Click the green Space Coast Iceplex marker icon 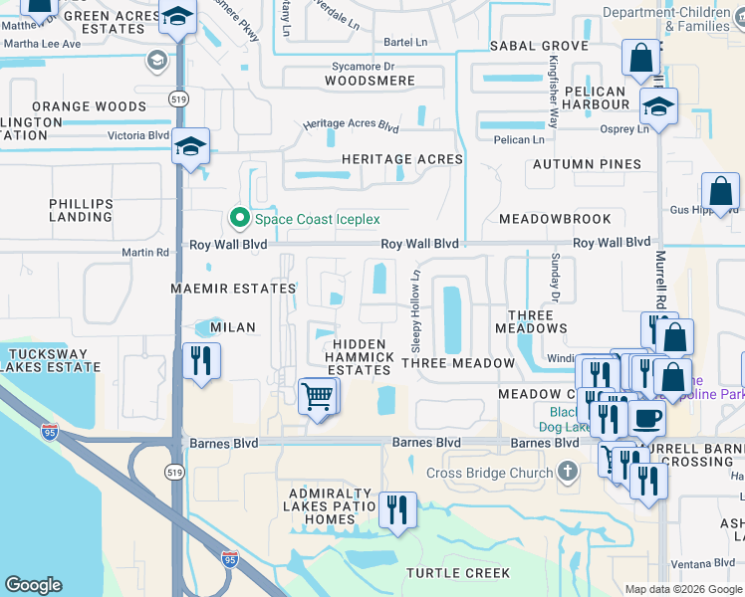[x=239, y=218]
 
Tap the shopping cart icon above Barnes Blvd [x=318, y=396]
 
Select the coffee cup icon [x=646, y=419]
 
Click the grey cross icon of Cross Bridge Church [x=568, y=472]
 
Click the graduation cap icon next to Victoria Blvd [x=189, y=147]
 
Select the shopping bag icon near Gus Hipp [x=719, y=191]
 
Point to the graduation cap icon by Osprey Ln [x=658, y=106]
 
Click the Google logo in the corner [x=33, y=585]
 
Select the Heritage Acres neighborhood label [x=401, y=159]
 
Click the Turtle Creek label [x=458, y=573]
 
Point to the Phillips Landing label [x=82, y=210]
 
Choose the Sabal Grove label [x=538, y=47]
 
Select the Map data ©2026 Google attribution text [x=683, y=589]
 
